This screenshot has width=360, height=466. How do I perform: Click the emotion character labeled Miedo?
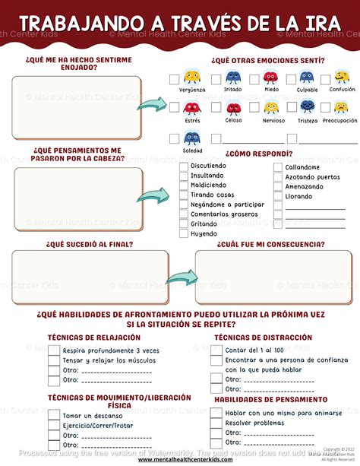click(x=271, y=78)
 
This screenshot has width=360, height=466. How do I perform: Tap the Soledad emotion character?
click(x=192, y=138)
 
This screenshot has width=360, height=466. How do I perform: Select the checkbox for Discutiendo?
click(x=184, y=166)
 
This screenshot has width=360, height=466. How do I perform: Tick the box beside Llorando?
click(x=277, y=195)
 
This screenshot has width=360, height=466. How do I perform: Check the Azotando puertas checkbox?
click(x=277, y=176)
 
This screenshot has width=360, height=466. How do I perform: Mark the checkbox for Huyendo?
click(x=184, y=233)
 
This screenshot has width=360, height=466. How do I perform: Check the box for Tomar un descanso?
click(x=54, y=415)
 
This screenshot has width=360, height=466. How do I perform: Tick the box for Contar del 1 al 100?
click(x=216, y=350)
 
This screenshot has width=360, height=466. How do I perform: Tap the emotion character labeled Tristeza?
click(x=306, y=108)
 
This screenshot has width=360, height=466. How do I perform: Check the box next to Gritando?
click(x=184, y=223)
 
